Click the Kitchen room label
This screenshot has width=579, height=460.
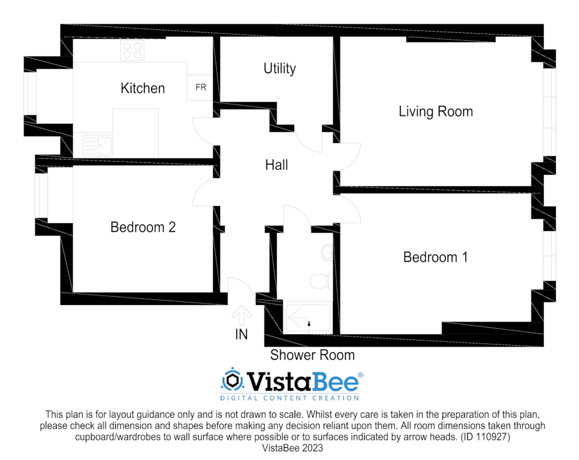[142, 88]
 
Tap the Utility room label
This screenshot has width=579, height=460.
[280, 68]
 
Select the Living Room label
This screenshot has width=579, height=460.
[435, 111]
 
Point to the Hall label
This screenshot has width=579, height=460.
[276, 165]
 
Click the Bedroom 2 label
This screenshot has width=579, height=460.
[142, 227]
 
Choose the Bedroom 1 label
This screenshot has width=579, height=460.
[435, 257]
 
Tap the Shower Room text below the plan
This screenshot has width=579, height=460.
[312, 355]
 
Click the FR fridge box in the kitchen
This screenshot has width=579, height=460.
[201, 88]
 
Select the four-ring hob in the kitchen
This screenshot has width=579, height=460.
[132, 50]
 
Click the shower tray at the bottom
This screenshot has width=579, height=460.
[307, 319]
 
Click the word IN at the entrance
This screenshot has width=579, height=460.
[241, 334]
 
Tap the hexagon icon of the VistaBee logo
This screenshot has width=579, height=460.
[232, 380]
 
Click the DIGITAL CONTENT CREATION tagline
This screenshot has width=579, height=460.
[289, 398]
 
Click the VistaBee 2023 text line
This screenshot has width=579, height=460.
[292, 448]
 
